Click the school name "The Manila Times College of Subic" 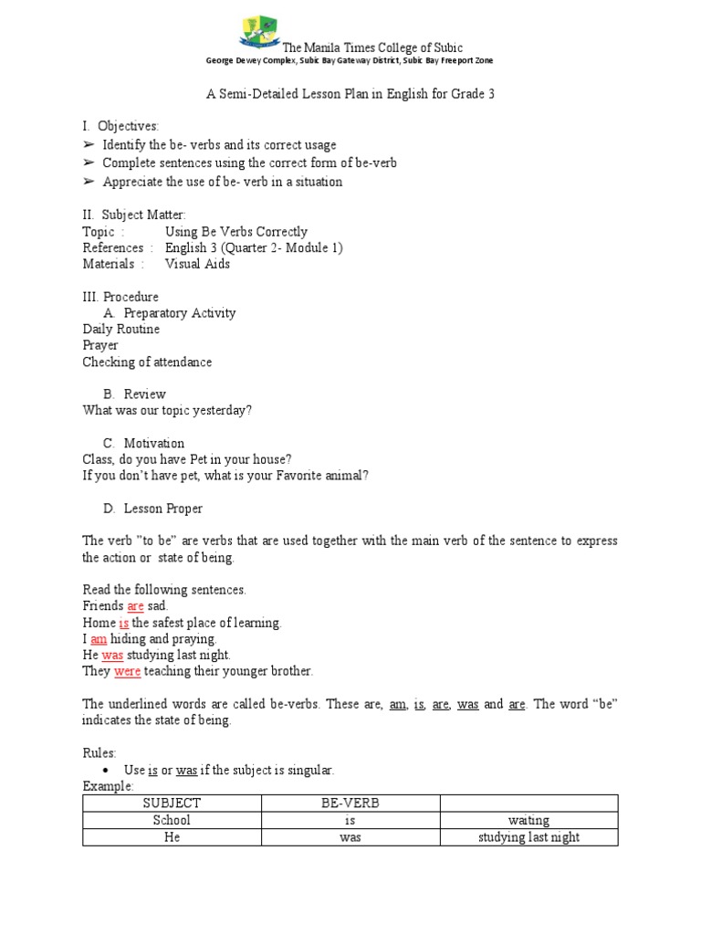372,47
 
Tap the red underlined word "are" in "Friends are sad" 135,606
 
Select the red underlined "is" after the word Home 124,623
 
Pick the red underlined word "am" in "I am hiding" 99,639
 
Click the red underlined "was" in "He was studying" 112,655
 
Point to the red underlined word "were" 127,671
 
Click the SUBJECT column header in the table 172,804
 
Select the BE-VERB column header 350,804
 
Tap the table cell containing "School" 172,820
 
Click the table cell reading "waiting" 528,820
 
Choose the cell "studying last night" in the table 528,836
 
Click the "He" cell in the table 172,836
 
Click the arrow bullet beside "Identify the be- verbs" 88,145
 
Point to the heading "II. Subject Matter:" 134,215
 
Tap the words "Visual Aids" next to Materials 197,264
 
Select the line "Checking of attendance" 147,362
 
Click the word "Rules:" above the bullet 99,753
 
